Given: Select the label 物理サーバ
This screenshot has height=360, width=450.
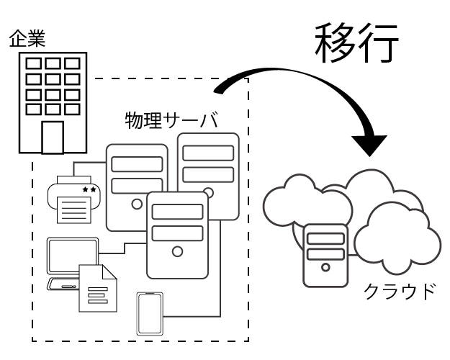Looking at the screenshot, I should click(x=171, y=118).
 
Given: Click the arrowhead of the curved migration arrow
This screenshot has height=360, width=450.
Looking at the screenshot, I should click(x=374, y=144).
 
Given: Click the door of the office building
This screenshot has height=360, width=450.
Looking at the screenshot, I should click(x=53, y=137).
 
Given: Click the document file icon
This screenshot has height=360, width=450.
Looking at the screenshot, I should click(x=97, y=288).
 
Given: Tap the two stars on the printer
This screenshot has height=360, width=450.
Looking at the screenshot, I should click(x=90, y=189).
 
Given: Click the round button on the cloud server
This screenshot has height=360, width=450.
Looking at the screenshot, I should click(x=325, y=267).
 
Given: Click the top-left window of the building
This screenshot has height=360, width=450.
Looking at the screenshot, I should click(x=34, y=63).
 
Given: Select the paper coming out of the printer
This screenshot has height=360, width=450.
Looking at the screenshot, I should click(x=75, y=210).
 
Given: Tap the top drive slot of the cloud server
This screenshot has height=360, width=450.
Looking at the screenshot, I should click(x=325, y=235).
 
